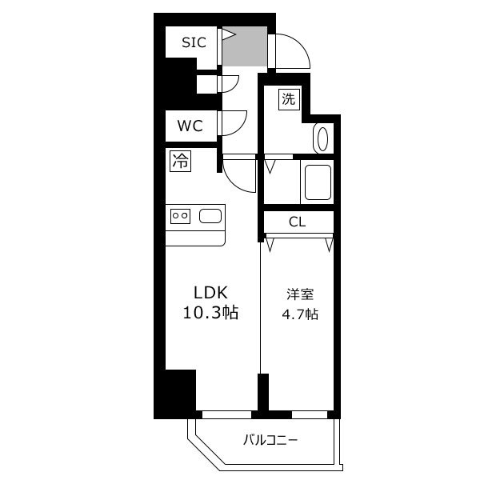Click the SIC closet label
[194, 42]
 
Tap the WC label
[190, 126]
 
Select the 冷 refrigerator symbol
[181, 161]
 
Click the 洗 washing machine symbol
[289, 99]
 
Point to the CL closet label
[298, 222]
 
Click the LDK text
[210, 293]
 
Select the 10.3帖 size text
[210, 313]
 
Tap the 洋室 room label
[300, 294]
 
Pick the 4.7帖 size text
[300, 314]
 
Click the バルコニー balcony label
[270, 441]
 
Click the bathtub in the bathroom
[318, 182]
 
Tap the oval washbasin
[322, 139]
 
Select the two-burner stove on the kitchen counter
[180, 216]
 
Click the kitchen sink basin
[210, 216]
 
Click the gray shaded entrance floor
[245, 46]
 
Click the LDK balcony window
[227, 414]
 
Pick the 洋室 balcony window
[310, 414]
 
